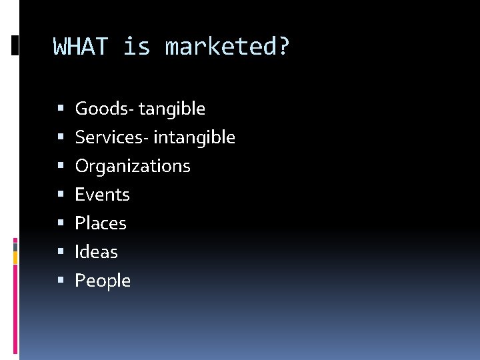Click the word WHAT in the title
tap(81, 47)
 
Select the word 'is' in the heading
tap(137, 47)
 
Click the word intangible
tap(195, 137)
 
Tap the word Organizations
tap(133, 166)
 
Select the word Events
tap(102, 195)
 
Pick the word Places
tap(101, 223)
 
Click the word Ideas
tap(96, 252)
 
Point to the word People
tap(103, 281)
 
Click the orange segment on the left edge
tap(16, 257)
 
